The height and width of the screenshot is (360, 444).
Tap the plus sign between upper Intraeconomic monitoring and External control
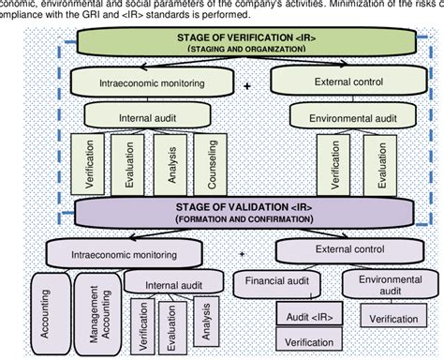tap(246, 85)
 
